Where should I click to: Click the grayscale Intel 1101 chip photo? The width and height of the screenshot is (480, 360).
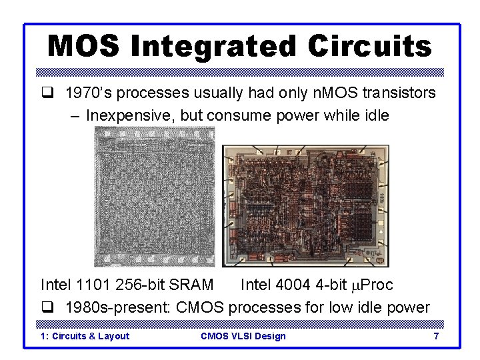(155, 198)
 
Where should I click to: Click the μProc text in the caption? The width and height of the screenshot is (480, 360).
(371, 285)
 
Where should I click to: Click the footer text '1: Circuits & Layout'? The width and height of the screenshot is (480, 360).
(85, 336)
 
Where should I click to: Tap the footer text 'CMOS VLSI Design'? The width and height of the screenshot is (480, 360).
(243, 336)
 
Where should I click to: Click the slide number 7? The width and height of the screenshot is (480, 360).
(436, 336)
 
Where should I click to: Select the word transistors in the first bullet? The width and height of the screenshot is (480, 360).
(403, 93)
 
